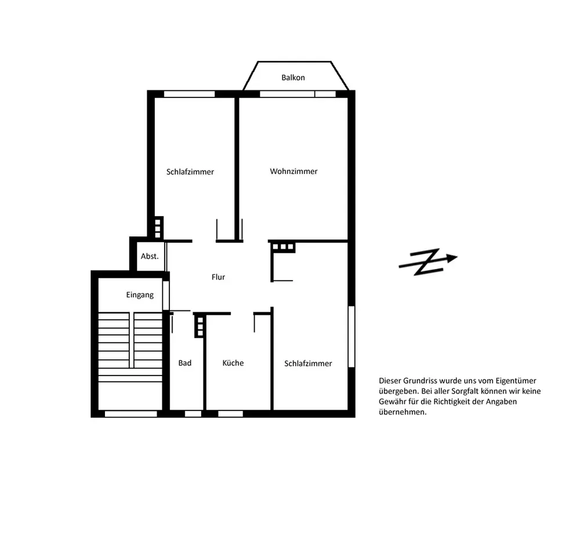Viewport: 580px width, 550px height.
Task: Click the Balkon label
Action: click(x=293, y=78)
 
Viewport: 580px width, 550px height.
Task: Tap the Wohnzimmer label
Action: click(x=293, y=172)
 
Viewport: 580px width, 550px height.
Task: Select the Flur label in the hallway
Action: click(x=218, y=277)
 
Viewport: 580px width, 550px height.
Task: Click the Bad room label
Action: click(x=185, y=363)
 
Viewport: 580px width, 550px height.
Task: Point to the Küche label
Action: click(x=233, y=363)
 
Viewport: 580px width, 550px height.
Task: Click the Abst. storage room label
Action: click(x=150, y=256)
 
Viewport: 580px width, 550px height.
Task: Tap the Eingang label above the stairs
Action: click(x=140, y=295)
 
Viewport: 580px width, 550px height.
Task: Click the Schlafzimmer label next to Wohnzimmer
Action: click(x=190, y=172)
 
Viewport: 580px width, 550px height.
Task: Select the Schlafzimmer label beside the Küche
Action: click(x=308, y=364)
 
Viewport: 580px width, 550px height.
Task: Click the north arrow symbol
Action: click(x=428, y=262)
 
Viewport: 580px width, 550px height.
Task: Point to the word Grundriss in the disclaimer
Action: click(x=419, y=381)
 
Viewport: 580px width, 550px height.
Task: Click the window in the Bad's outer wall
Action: click(x=193, y=414)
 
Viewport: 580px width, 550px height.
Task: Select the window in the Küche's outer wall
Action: click(x=230, y=414)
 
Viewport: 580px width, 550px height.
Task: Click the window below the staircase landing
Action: click(x=131, y=414)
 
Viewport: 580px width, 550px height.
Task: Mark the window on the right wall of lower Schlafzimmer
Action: click(x=351, y=337)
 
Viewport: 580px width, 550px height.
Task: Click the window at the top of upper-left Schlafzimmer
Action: click(x=190, y=94)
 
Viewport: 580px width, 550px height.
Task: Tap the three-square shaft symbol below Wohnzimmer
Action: click(x=283, y=246)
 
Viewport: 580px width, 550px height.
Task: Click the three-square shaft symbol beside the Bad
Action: click(x=200, y=327)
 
